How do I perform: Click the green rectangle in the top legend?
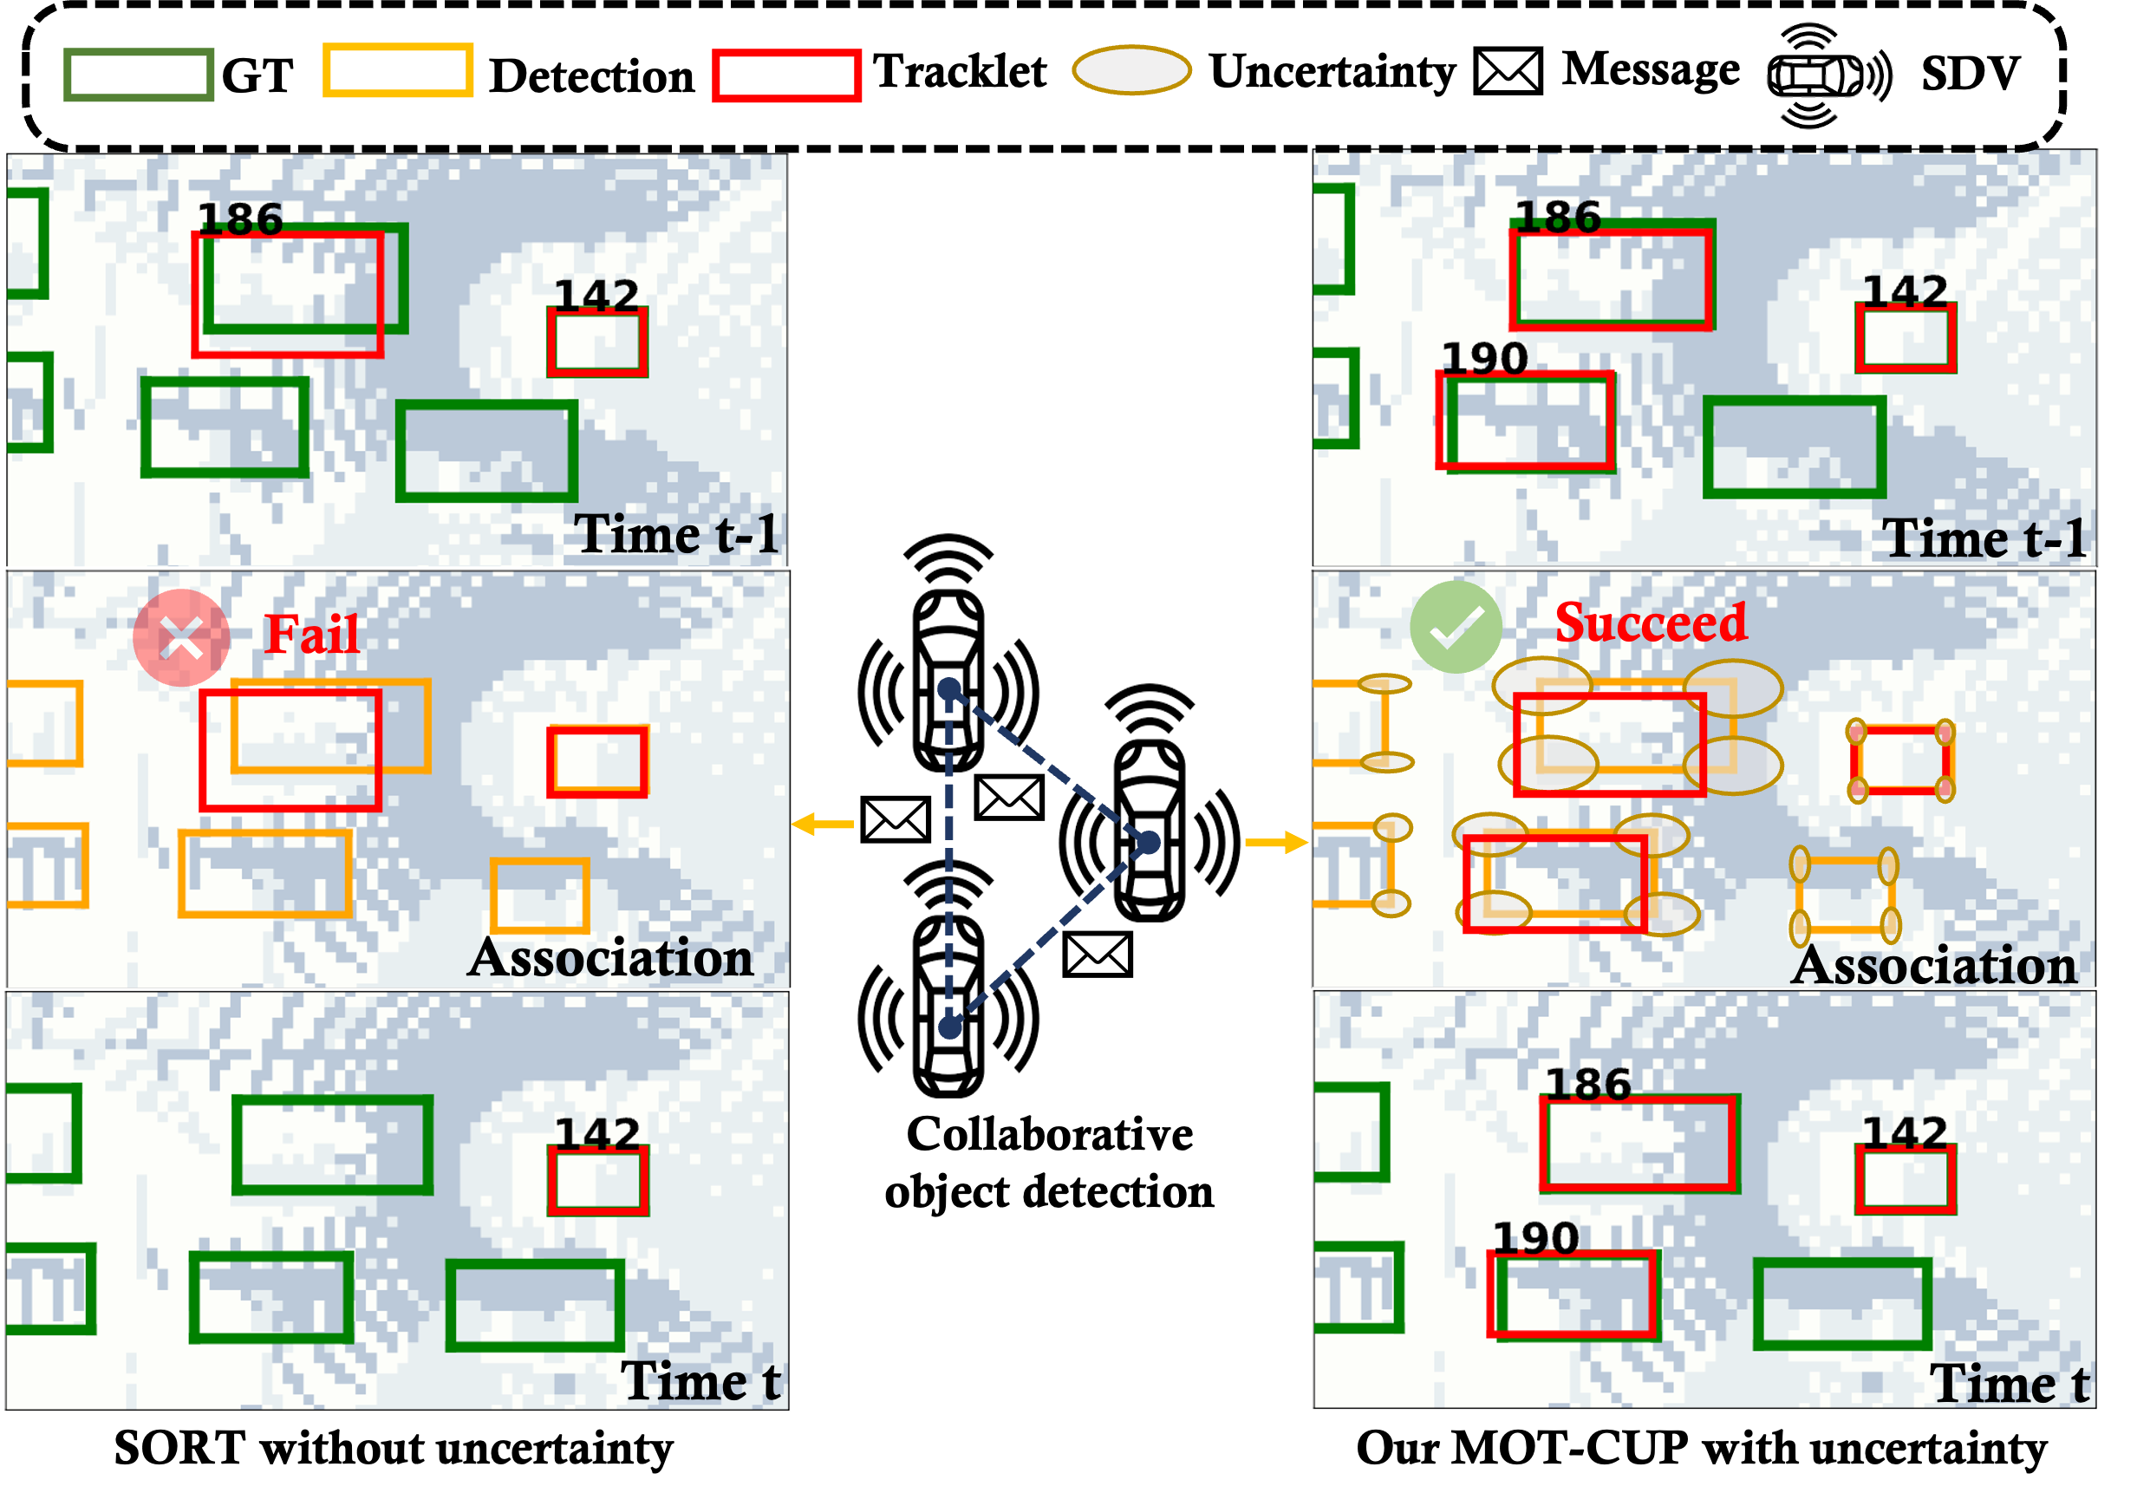click(x=139, y=75)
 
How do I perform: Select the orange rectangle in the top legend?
click(x=397, y=70)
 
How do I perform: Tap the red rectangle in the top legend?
click(x=786, y=75)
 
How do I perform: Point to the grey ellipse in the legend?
click(x=1130, y=70)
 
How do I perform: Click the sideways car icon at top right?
click(x=1829, y=75)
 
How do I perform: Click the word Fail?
click(x=311, y=634)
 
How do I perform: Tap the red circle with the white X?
click(x=181, y=638)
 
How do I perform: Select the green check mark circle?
click(x=1456, y=628)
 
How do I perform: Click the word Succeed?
click(x=1652, y=623)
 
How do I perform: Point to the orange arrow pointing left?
click(x=821, y=824)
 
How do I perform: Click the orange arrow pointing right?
click(x=1277, y=843)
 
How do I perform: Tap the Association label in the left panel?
click(x=610, y=958)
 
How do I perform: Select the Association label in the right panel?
click(x=1934, y=965)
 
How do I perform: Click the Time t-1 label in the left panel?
click(x=675, y=534)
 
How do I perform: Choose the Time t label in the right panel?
click(x=2009, y=1383)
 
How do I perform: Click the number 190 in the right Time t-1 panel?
click(x=1484, y=359)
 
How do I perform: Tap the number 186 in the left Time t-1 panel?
click(x=240, y=219)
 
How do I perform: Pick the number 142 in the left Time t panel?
click(x=596, y=1134)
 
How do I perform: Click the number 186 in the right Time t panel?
click(x=1588, y=1085)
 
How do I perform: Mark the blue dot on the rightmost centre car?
click(x=1150, y=843)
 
